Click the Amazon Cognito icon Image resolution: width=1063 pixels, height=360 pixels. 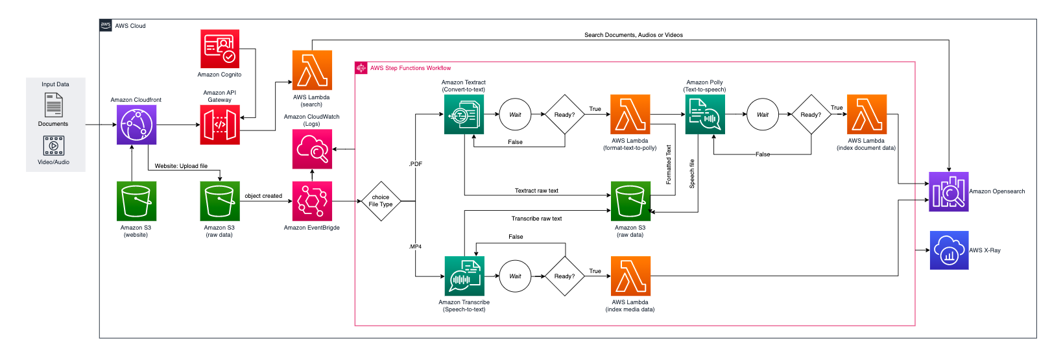point(220,49)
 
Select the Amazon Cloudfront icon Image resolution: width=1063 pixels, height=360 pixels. point(136,125)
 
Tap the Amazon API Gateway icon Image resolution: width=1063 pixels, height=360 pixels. point(220,125)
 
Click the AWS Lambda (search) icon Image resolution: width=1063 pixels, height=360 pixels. point(312,70)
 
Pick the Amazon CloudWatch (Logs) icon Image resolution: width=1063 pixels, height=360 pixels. point(312,149)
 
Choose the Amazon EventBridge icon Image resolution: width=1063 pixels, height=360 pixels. point(312,201)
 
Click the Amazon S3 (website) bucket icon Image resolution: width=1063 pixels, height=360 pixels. point(136,201)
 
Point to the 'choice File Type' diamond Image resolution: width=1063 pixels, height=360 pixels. point(381,201)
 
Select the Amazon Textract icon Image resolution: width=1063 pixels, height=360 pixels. point(464,115)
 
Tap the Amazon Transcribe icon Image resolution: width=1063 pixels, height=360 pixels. point(464,276)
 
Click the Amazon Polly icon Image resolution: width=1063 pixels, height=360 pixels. point(705,115)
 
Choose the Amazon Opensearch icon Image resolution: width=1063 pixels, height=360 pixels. point(948,191)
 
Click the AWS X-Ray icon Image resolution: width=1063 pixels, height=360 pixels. point(949,250)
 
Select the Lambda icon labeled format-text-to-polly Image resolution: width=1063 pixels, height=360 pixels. point(630,115)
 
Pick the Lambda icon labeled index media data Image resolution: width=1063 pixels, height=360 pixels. point(630,276)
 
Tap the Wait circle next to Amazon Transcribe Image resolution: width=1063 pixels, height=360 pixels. point(515,276)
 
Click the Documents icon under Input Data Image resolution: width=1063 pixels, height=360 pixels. point(53,105)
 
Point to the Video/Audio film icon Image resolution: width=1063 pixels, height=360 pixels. point(53,145)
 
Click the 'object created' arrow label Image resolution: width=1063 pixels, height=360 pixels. point(263,196)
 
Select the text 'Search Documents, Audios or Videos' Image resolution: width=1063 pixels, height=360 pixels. point(633,35)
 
